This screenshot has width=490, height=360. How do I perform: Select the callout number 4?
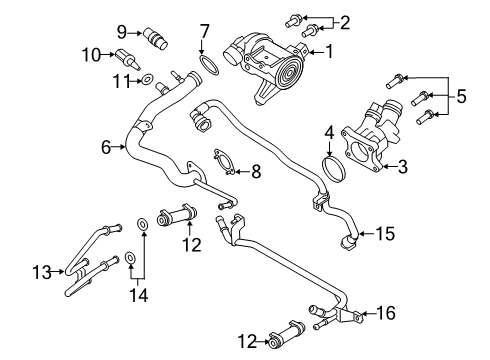(328, 131)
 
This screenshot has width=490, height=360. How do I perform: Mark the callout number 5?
(461, 97)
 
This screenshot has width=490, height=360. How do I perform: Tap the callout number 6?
(106, 147)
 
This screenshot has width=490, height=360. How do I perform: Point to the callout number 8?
(257, 171)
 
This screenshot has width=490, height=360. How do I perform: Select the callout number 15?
(384, 234)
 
